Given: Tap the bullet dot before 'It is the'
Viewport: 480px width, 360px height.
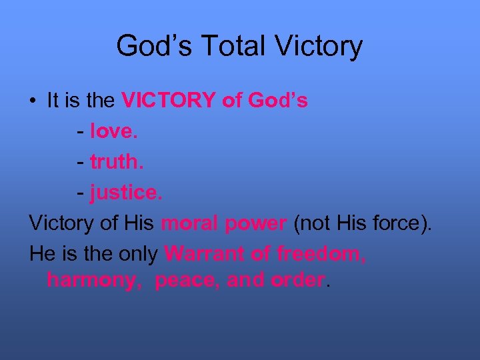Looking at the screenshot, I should (33, 102).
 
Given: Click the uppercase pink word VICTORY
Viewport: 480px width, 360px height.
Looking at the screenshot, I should (169, 101).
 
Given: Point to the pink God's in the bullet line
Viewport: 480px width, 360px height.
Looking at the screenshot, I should (277, 101).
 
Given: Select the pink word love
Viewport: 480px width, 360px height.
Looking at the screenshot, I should (114, 131).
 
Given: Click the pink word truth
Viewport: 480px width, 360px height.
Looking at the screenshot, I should (115, 162).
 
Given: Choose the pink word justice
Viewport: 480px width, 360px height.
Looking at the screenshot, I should (126, 193).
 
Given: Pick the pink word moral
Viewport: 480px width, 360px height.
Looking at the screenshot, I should (189, 223).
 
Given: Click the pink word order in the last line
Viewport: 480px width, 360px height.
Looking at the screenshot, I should (297, 280).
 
